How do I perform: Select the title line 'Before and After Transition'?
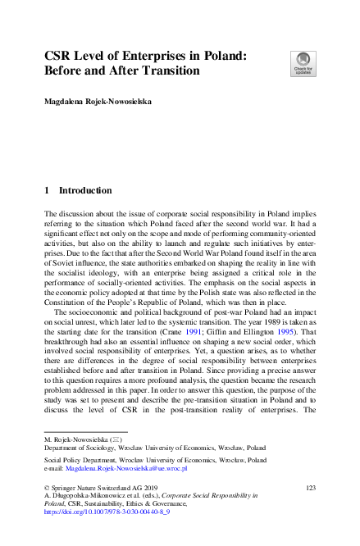(122, 71)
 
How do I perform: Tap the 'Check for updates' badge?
(301, 62)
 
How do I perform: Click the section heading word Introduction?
(85, 191)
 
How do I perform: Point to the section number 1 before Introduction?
(47, 191)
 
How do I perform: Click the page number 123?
(310, 487)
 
